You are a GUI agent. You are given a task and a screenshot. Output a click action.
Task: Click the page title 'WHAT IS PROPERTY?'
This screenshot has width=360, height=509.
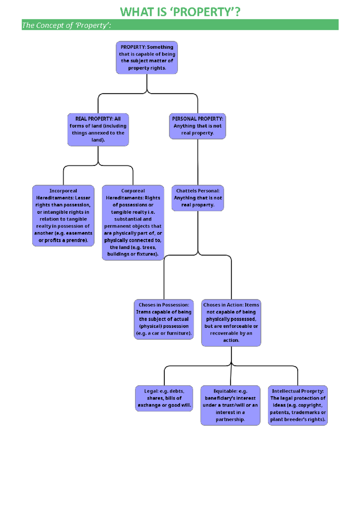click(180, 12)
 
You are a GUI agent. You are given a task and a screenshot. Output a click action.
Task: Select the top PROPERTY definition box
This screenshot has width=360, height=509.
click(147, 58)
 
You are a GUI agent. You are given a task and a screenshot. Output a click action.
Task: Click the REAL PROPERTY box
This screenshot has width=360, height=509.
click(98, 129)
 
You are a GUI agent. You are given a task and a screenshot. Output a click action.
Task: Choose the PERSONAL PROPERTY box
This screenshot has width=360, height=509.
click(197, 126)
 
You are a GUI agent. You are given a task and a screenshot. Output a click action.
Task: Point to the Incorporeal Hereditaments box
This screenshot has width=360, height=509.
click(63, 216)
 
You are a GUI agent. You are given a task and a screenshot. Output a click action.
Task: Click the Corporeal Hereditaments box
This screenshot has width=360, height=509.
click(133, 222)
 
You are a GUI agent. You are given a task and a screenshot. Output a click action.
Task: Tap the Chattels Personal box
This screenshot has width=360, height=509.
click(198, 198)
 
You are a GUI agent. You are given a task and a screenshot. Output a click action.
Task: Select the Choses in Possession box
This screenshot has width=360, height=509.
click(164, 319)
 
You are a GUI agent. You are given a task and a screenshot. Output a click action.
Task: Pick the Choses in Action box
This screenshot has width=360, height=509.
click(231, 323)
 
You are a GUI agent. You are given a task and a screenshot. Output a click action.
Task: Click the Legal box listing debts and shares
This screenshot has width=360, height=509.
click(164, 398)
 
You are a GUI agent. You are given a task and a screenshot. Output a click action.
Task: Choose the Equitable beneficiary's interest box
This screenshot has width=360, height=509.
click(230, 405)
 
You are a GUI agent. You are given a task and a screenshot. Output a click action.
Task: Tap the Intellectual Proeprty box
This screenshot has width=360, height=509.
click(298, 405)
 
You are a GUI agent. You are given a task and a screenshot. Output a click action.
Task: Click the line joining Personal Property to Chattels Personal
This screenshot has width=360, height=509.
click(198, 162)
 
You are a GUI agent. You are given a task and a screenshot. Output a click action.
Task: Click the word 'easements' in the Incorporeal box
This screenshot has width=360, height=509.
click(79, 233)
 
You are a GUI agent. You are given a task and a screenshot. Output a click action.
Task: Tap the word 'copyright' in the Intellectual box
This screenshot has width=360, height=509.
click(310, 405)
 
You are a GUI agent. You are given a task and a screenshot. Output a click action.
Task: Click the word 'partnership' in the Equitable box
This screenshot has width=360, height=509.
click(230, 419)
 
